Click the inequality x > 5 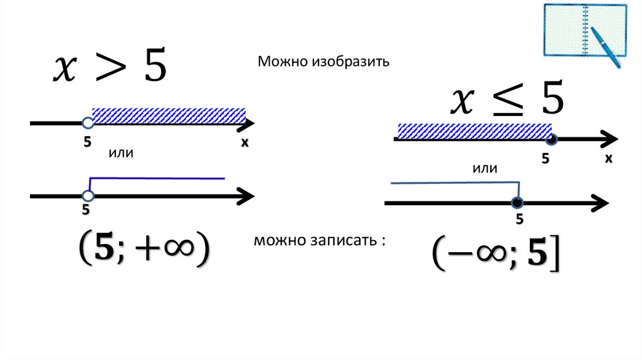point(109,68)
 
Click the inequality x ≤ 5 point(508,100)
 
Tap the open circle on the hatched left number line point(87,124)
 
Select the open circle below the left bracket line point(87,196)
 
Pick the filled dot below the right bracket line point(517,203)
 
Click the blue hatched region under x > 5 point(168,115)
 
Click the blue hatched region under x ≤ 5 point(473,130)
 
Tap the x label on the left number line point(245,143)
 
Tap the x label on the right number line point(608,159)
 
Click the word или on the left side point(122,152)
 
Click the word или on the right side point(485,169)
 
